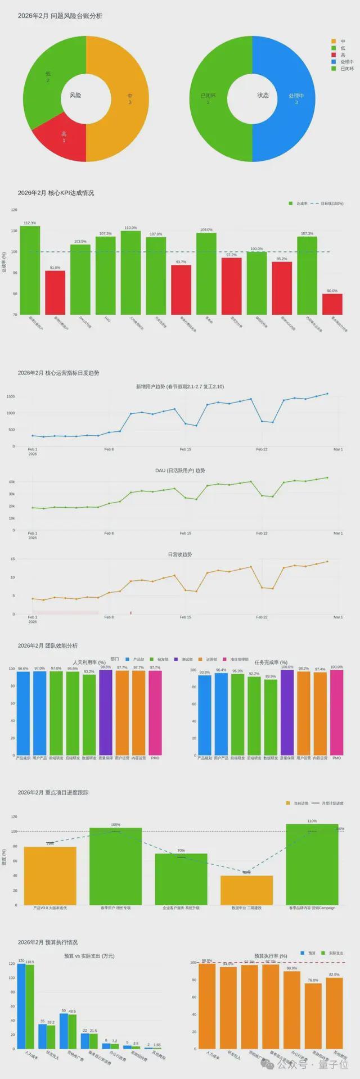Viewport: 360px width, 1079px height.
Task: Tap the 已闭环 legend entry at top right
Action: point(344,69)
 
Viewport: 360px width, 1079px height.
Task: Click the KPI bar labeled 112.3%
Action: point(30,270)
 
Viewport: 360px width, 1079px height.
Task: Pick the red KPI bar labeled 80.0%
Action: point(332,304)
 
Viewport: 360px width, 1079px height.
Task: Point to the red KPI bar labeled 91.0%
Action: point(55,292)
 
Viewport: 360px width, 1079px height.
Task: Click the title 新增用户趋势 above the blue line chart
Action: point(180,386)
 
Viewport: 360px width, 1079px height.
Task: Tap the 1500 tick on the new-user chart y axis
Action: point(11,396)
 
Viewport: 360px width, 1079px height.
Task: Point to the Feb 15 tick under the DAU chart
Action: point(185,533)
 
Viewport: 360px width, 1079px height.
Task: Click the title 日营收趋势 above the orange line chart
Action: point(180,554)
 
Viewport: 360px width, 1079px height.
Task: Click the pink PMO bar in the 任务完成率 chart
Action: point(336,712)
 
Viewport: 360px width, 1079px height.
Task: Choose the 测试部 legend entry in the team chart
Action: point(183,659)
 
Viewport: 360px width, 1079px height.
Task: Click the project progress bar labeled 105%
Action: point(115,866)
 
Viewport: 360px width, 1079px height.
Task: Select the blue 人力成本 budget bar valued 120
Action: point(21,1006)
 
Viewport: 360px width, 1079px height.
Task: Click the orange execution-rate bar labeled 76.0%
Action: point(313,1015)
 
